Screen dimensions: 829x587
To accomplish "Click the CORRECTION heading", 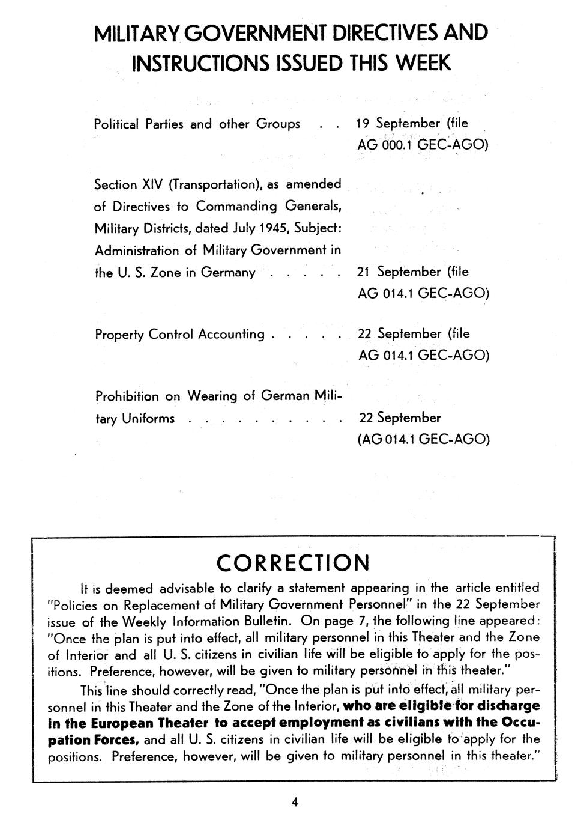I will tap(293, 563).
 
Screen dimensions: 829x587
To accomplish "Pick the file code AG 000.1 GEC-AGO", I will tap(423, 145).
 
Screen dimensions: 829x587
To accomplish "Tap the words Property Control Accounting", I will tap(179, 334).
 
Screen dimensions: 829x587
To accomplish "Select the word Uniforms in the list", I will tap(148, 418).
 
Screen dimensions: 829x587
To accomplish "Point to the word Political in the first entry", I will tap(116, 124).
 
